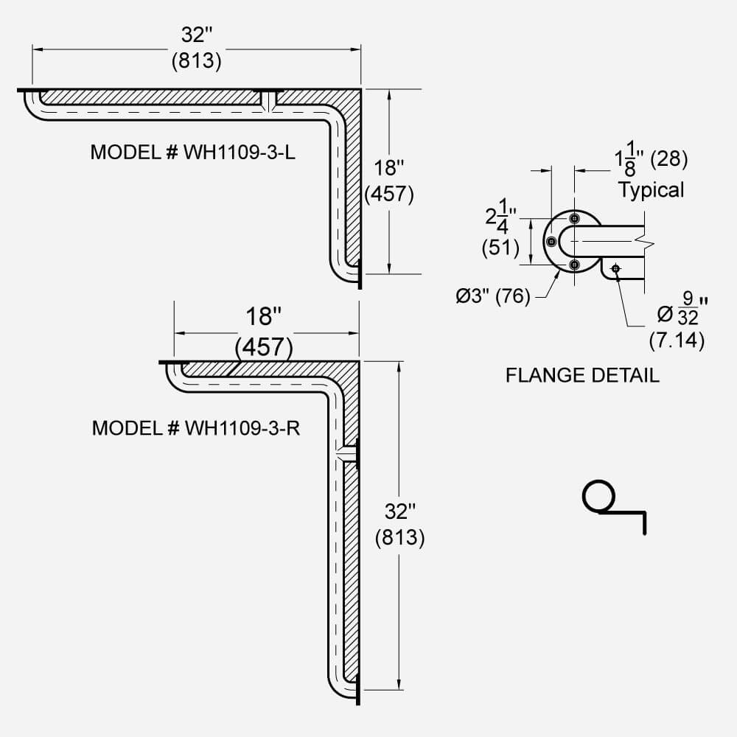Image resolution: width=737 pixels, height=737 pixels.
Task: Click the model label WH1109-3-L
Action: tap(194, 152)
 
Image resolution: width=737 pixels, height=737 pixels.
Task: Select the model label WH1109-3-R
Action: tap(196, 428)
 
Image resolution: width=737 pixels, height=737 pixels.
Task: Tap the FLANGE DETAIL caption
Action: tap(582, 375)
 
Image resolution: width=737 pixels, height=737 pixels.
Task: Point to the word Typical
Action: tap(651, 189)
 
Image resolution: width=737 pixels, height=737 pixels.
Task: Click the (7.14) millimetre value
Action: tap(677, 340)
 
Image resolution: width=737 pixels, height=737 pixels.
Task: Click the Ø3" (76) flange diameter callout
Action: tap(493, 296)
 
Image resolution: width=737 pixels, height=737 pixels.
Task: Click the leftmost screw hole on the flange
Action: tap(551, 241)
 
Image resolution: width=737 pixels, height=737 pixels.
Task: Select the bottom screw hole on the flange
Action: tap(574, 265)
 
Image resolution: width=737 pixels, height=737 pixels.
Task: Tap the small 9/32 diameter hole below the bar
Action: tap(615, 268)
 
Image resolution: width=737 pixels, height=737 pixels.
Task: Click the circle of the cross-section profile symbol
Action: tap(598, 496)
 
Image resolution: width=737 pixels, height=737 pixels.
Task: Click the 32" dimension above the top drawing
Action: tap(196, 35)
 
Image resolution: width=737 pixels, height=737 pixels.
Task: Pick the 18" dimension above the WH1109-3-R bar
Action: tap(264, 318)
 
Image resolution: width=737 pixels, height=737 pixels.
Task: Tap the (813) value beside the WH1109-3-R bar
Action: tap(399, 537)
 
